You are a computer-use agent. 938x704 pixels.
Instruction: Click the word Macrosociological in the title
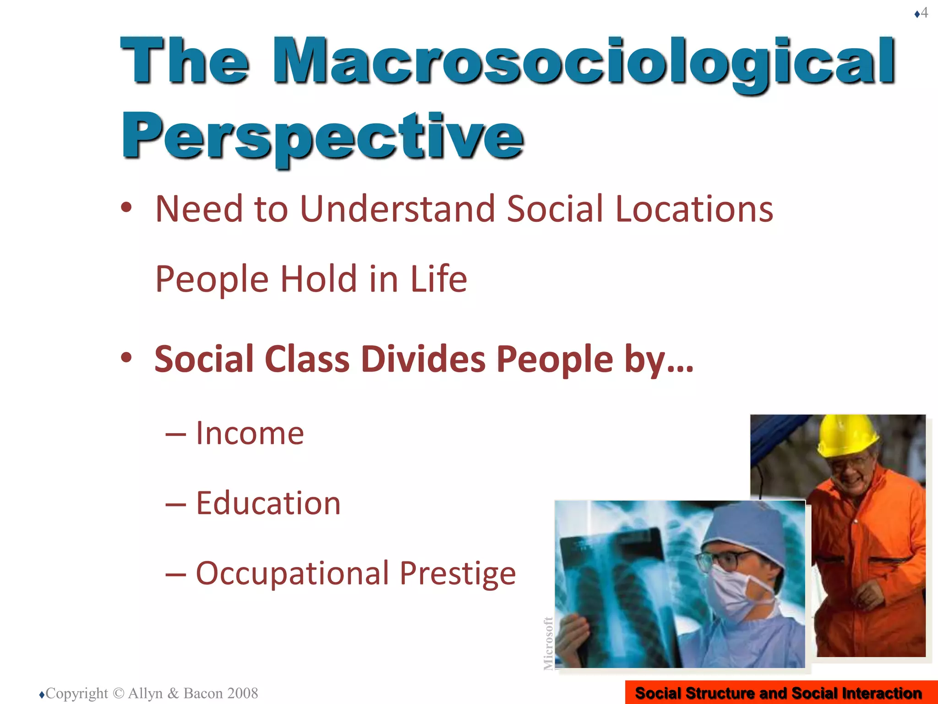click(584, 62)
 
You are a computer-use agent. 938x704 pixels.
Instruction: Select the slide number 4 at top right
click(925, 12)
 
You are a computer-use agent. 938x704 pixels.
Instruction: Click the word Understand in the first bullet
click(397, 209)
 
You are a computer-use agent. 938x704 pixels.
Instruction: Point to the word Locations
click(693, 209)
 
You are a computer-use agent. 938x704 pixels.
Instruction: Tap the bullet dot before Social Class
click(126, 357)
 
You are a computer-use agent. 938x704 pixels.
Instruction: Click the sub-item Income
click(250, 433)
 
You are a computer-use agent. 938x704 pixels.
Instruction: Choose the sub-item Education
click(268, 503)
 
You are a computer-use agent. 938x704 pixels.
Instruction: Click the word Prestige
click(458, 573)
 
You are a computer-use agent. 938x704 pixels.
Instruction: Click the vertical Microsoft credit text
click(548, 643)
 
